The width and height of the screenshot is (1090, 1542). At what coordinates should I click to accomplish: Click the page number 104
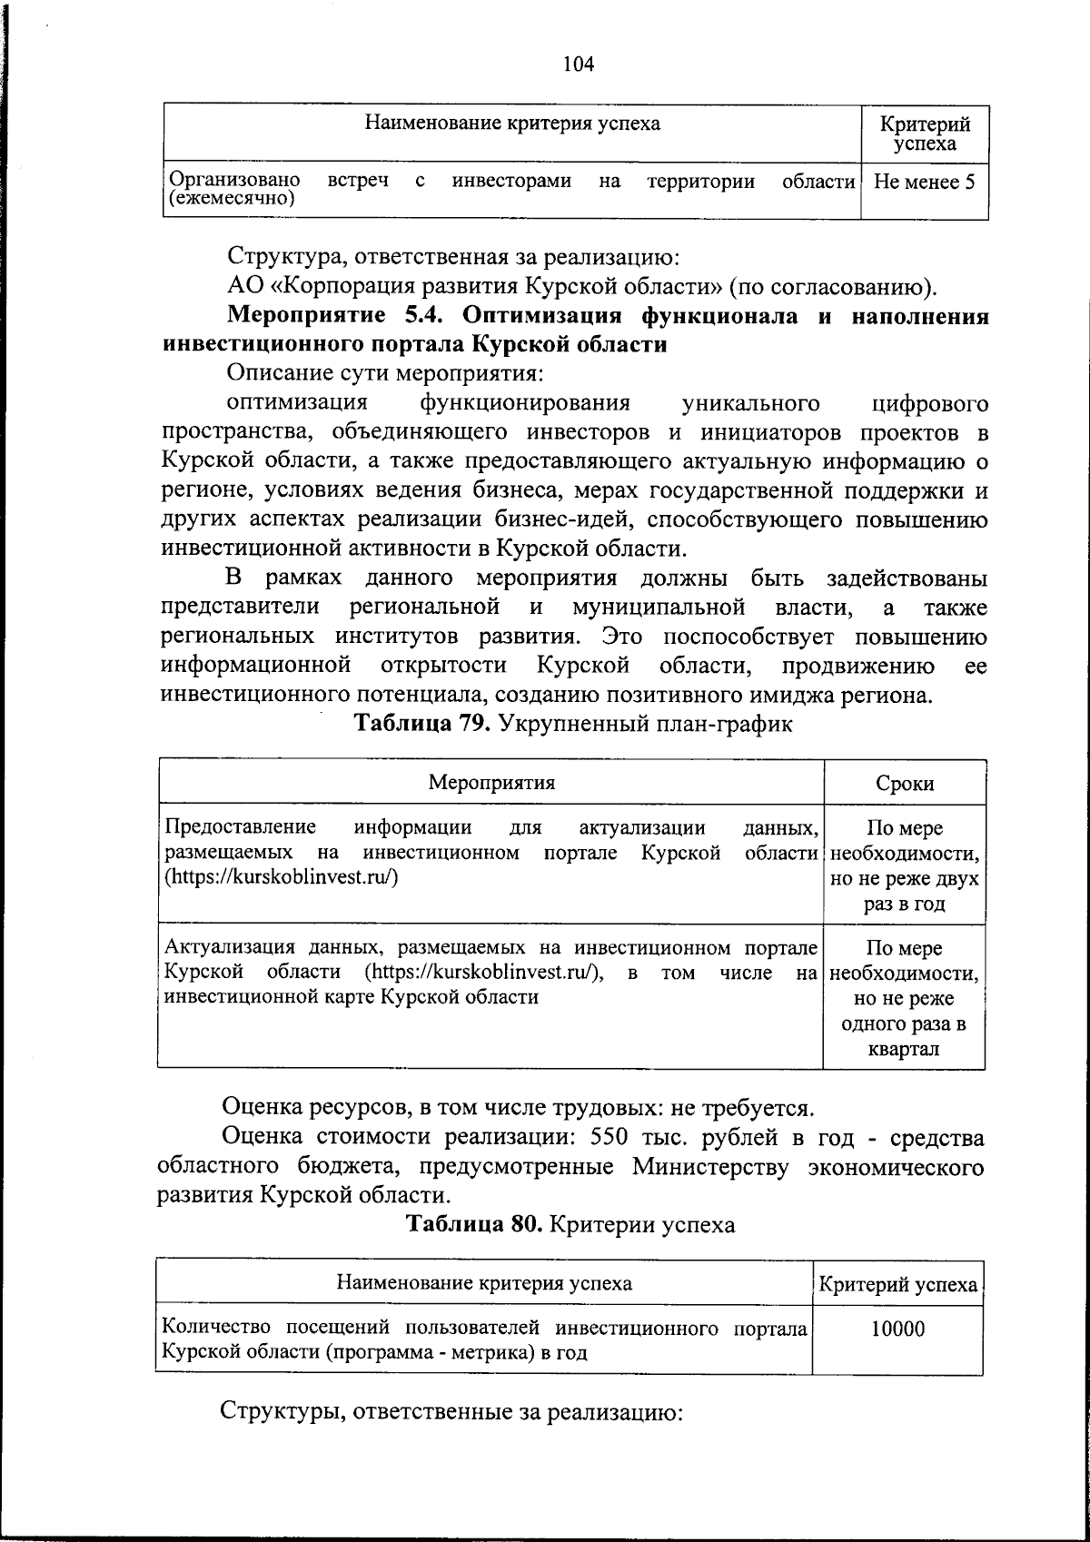(578, 64)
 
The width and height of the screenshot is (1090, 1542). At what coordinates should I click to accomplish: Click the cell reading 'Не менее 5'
(924, 182)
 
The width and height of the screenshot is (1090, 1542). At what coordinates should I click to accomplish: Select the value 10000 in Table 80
(897, 1329)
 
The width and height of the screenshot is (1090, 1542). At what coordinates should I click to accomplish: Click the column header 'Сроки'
(905, 784)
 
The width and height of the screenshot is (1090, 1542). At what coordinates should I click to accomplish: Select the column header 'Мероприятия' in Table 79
(491, 783)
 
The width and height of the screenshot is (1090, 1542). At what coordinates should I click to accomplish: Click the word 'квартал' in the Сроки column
(904, 1050)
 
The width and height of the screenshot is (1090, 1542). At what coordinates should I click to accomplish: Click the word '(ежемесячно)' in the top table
(231, 198)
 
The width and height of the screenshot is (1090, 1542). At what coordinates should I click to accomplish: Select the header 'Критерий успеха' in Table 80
(897, 1284)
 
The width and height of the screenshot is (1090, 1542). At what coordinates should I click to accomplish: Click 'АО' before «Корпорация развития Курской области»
(244, 288)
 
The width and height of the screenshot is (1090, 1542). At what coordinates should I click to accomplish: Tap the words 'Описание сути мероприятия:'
(385, 373)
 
